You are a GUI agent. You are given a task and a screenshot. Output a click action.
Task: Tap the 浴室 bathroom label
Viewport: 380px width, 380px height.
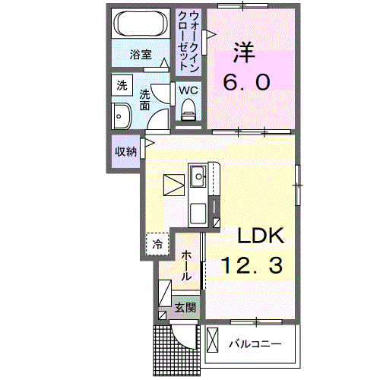[x=140, y=55]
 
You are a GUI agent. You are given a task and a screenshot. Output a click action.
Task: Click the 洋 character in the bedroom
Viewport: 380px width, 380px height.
[x=243, y=54]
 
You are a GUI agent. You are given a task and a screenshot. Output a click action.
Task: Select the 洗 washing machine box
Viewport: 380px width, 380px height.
[x=122, y=86]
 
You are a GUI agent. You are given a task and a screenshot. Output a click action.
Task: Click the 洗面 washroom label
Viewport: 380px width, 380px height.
[x=144, y=101]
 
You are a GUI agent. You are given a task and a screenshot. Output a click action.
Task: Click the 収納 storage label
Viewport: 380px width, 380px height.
[x=125, y=150]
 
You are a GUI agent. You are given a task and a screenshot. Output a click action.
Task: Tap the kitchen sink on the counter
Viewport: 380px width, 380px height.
[x=200, y=176]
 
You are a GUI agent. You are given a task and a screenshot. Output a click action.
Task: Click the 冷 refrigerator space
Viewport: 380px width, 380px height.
[x=157, y=244]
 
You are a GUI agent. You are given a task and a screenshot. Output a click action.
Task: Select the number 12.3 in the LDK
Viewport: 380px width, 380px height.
[x=252, y=265]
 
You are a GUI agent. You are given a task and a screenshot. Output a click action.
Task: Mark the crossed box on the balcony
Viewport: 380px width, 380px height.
[x=213, y=339]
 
